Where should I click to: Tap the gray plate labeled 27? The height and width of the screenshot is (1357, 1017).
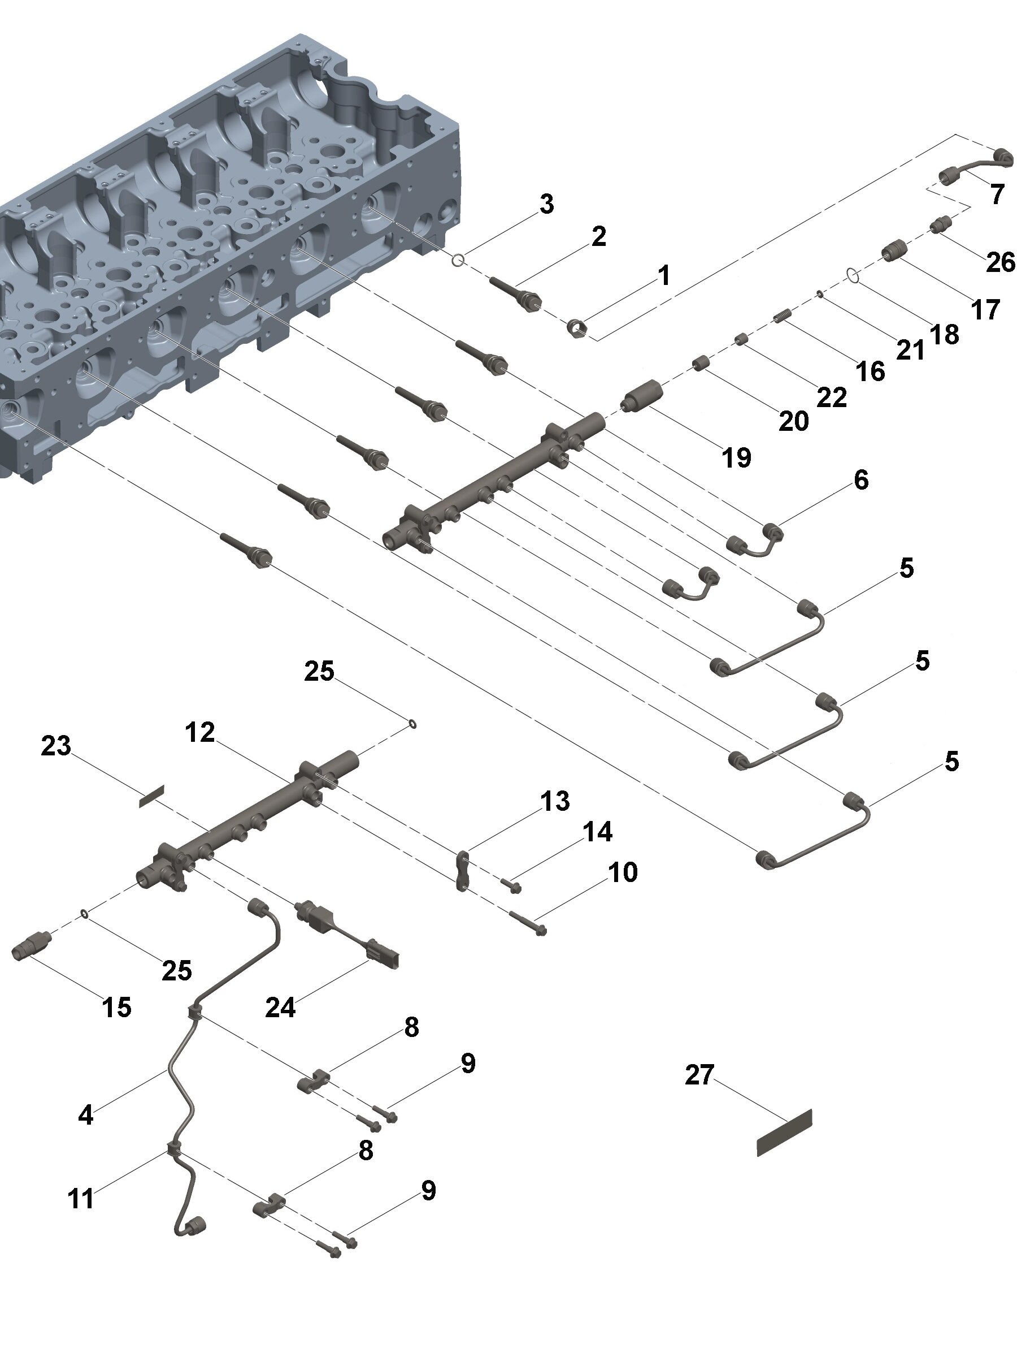[x=784, y=1133]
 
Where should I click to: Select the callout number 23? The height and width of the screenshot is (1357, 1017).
[x=56, y=746]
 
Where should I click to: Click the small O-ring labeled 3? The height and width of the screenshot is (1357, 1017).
[x=457, y=261]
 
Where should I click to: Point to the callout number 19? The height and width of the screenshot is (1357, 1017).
[x=736, y=457]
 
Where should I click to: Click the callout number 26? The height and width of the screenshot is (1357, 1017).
[x=1001, y=262]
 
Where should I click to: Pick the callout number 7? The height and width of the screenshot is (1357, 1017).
[x=997, y=195]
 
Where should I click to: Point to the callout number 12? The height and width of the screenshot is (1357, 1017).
[x=200, y=732]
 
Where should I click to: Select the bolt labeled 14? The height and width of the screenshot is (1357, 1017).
[x=511, y=885]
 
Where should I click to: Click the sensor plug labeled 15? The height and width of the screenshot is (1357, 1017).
[x=29, y=950]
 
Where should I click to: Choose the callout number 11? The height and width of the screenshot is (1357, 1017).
[x=80, y=1198]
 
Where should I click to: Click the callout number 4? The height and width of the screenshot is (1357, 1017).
[x=86, y=1114]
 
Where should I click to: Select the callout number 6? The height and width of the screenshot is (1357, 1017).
[x=860, y=479]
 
